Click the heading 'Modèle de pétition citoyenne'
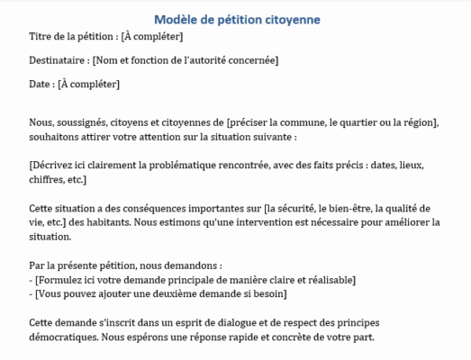(237, 19)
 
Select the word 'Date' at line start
(41, 85)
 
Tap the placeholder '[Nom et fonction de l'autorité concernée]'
(185, 60)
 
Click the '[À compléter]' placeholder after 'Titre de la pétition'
(152, 36)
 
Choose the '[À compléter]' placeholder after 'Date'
(88, 85)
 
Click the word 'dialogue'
(233, 323)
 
